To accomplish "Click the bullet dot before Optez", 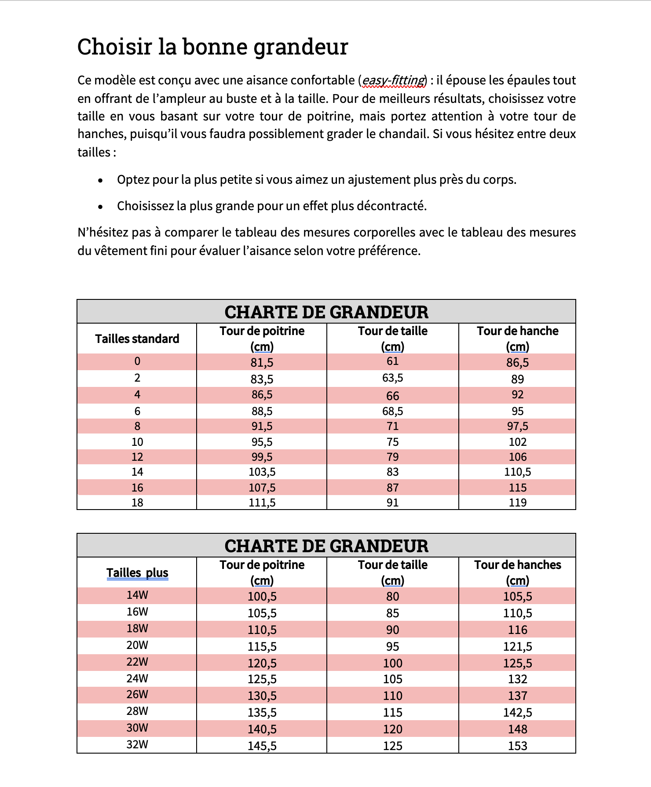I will [x=101, y=180].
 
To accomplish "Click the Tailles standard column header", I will [x=137, y=339].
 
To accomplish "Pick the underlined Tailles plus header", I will [x=137, y=572].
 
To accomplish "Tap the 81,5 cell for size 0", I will [x=262, y=362].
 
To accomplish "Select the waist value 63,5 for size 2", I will [x=392, y=378].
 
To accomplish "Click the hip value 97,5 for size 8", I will [x=517, y=426].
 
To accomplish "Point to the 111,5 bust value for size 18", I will [x=262, y=503].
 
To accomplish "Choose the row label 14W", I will [x=137, y=595].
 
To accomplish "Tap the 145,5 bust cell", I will [x=262, y=746].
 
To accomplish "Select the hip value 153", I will [x=517, y=746].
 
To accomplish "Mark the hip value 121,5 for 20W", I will [x=517, y=646].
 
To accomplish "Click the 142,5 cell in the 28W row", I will [x=517, y=712].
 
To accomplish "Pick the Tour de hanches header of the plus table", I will [x=517, y=565].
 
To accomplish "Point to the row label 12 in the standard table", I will [x=137, y=457].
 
